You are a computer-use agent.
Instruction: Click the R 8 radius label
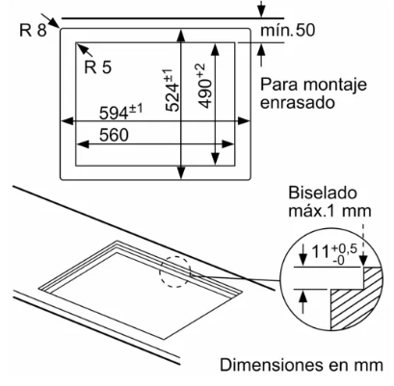click(33, 30)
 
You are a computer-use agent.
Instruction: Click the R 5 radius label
click(98, 67)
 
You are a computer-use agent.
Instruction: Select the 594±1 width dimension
click(120, 112)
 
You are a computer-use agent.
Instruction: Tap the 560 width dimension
click(114, 135)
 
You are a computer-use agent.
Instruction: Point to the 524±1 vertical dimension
click(172, 90)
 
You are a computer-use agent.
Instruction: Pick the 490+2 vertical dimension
click(204, 86)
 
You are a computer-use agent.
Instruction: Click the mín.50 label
click(288, 30)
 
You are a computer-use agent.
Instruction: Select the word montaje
click(334, 86)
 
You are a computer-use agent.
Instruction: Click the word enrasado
click(297, 103)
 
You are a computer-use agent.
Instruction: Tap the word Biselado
click(323, 193)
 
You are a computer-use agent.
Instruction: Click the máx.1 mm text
click(329, 211)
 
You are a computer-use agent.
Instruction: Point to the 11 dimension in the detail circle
click(321, 252)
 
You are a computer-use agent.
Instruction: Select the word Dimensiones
click(272, 365)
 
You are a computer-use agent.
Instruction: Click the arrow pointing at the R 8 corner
click(51, 21)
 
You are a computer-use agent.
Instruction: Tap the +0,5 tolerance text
click(345, 248)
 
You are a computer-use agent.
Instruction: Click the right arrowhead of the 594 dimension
click(244, 121)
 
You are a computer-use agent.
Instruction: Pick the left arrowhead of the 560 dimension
click(82, 144)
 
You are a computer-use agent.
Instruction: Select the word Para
click(279, 85)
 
